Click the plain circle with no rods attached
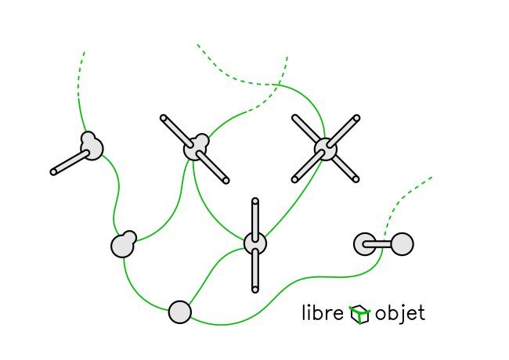tap(180, 312)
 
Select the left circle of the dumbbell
tap(365, 244)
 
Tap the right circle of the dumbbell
tap(402, 244)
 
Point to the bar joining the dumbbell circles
tap(383, 244)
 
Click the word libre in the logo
tap(323, 314)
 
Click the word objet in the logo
tap(400, 314)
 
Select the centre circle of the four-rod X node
tap(326, 149)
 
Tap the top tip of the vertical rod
tap(255, 201)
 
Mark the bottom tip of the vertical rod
tap(255, 290)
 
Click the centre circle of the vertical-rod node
tap(255, 243)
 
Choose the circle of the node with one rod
tap(92, 148)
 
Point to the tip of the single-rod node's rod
tap(53, 172)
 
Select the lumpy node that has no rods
tap(123, 246)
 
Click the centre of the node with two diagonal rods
tap(196, 148)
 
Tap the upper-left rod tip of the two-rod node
tap(163, 118)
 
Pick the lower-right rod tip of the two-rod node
tap(226, 181)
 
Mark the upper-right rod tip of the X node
tap(356, 118)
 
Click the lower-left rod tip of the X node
tap(294, 180)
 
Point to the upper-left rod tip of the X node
tap(294, 118)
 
